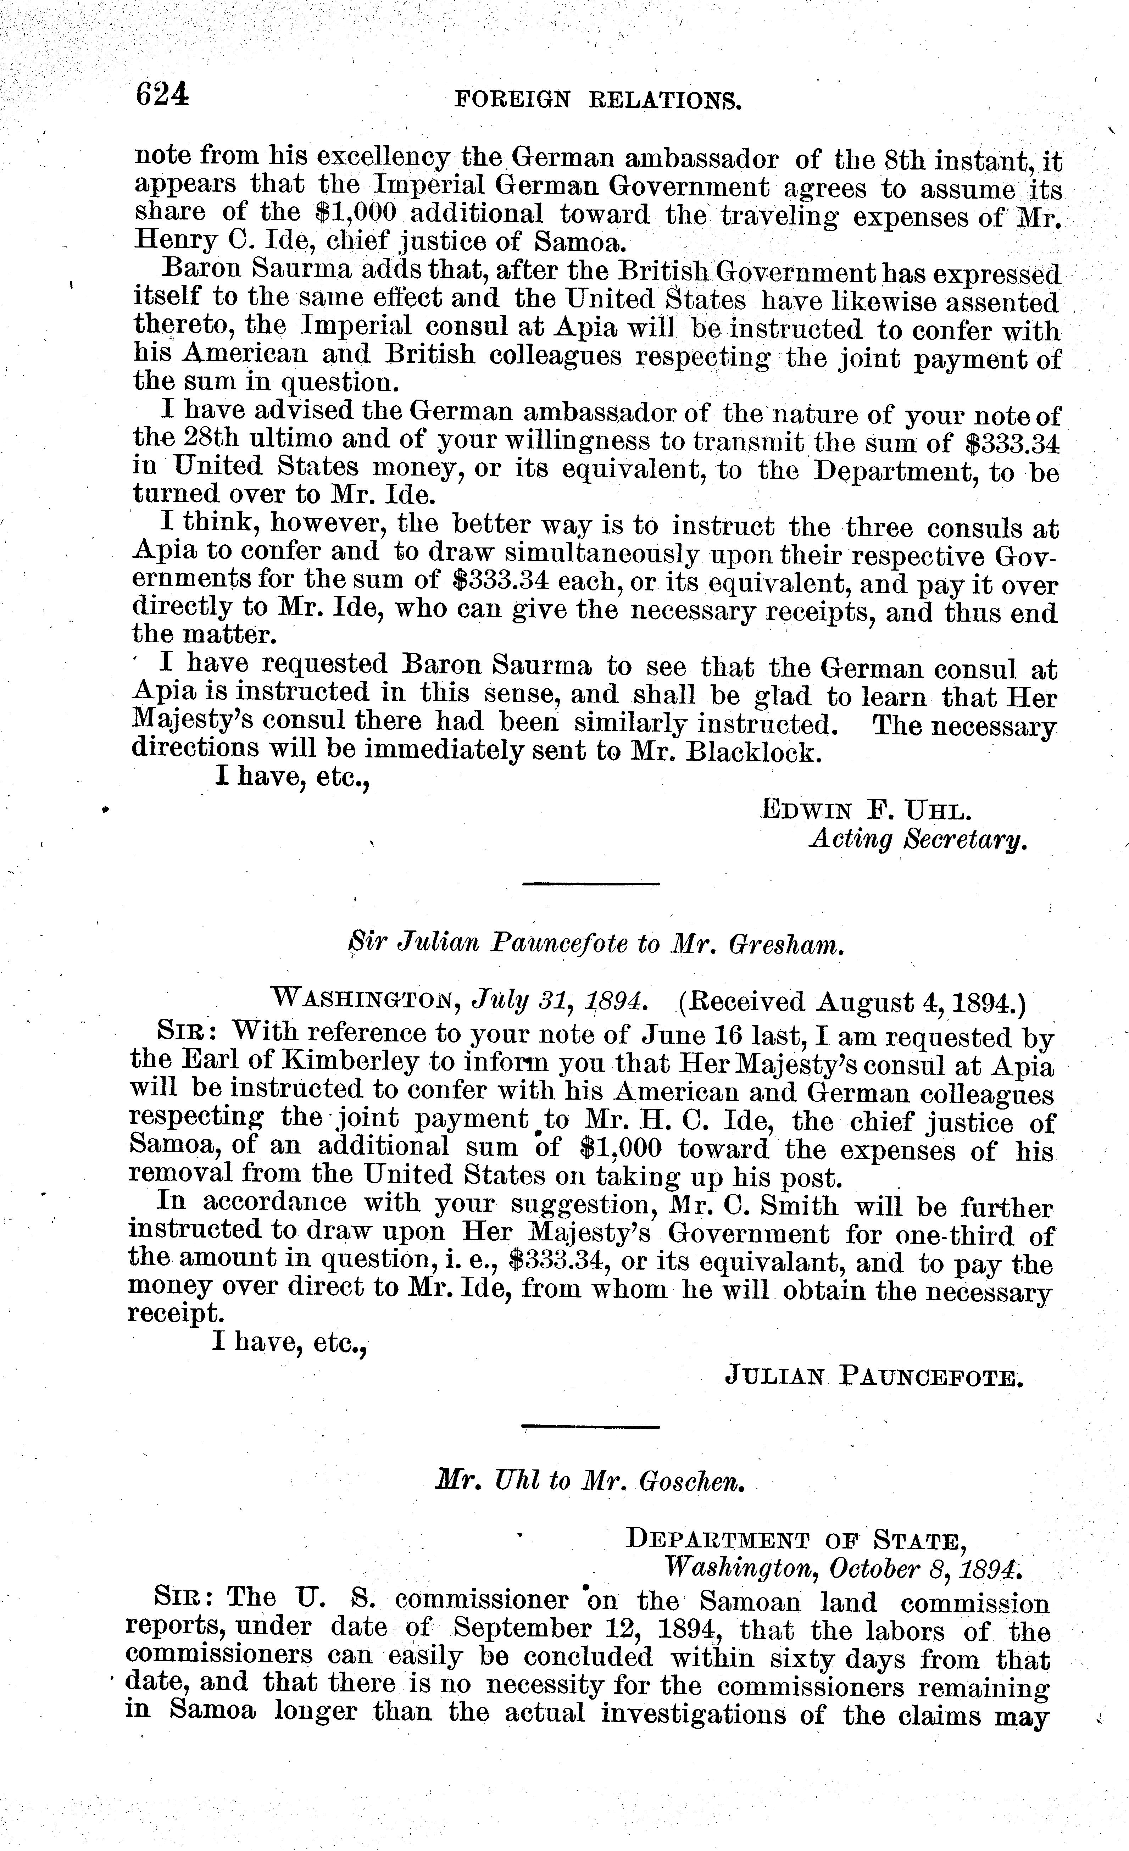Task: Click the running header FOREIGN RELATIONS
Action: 599,100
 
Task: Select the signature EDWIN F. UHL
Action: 867,810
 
